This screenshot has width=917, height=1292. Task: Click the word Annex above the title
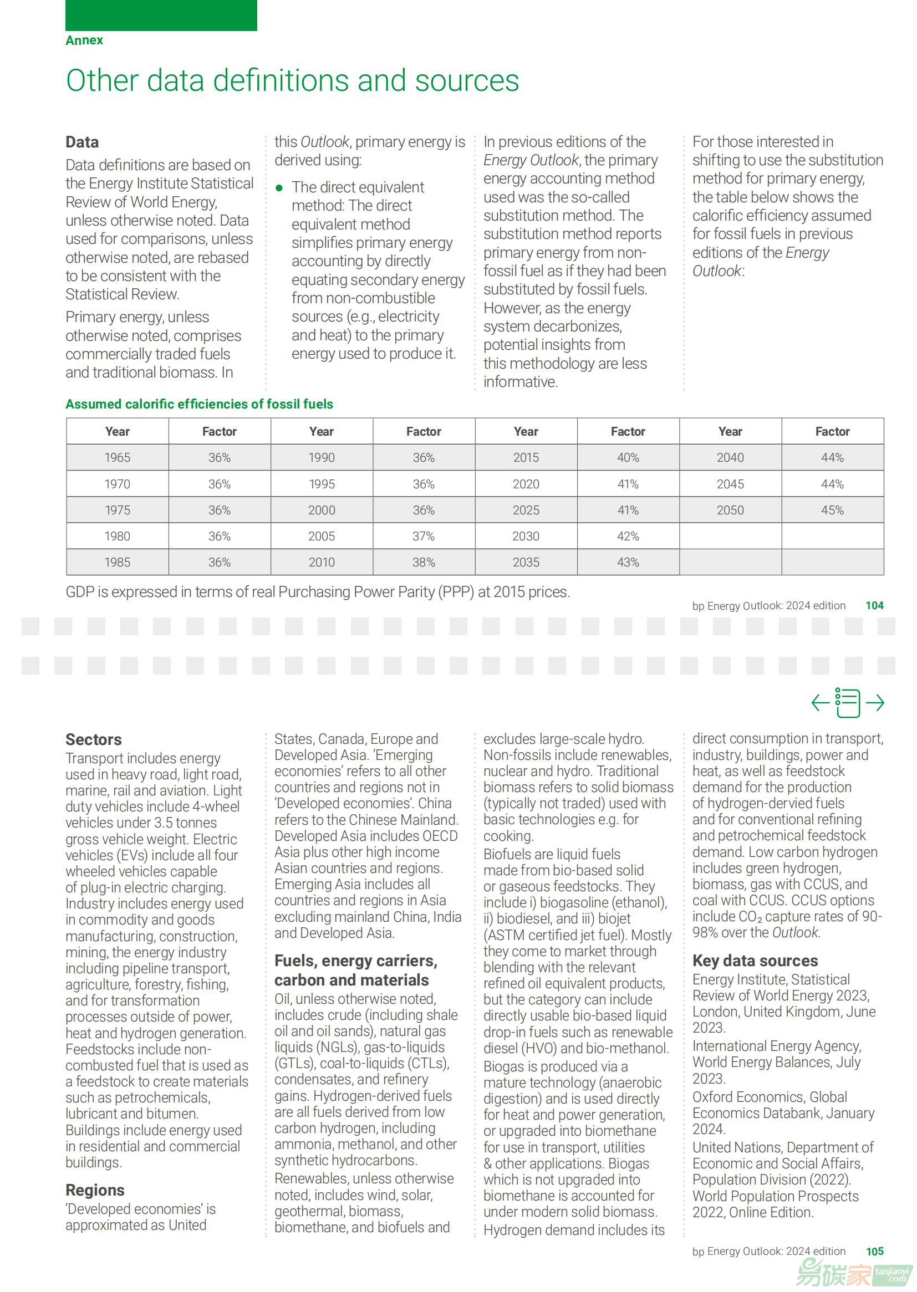pyautogui.click(x=84, y=40)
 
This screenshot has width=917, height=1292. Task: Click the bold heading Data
pyautogui.click(x=82, y=142)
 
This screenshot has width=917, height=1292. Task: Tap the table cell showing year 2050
pyautogui.click(x=730, y=510)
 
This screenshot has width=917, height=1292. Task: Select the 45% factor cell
pyautogui.click(x=832, y=510)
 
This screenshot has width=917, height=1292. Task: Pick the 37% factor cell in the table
pyautogui.click(x=424, y=536)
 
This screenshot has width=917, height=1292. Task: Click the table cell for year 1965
pyautogui.click(x=118, y=458)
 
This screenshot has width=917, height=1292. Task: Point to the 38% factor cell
pyautogui.click(x=424, y=562)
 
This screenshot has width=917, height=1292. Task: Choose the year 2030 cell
pyautogui.click(x=526, y=536)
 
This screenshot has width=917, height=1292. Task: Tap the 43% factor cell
pyautogui.click(x=628, y=562)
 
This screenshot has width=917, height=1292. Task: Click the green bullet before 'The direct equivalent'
pyautogui.click(x=279, y=188)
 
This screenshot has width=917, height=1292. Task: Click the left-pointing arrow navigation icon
pyautogui.click(x=820, y=703)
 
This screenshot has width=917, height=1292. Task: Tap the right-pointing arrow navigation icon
pyautogui.click(x=875, y=703)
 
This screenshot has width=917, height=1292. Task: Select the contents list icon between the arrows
pyautogui.click(x=847, y=703)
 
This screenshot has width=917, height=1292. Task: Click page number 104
pyautogui.click(x=874, y=606)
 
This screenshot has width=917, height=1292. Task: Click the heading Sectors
pyautogui.click(x=94, y=739)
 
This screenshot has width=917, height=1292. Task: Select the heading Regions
pyautogui.click(x=95, y=1190)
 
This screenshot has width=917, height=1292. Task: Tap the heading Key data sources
pyautogui.click(x=755, y=961)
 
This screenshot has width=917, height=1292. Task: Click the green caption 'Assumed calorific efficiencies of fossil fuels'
pyautogui.click(x=200, y=404)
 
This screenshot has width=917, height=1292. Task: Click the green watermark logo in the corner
pyautogui.click(x=853, y=1273)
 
